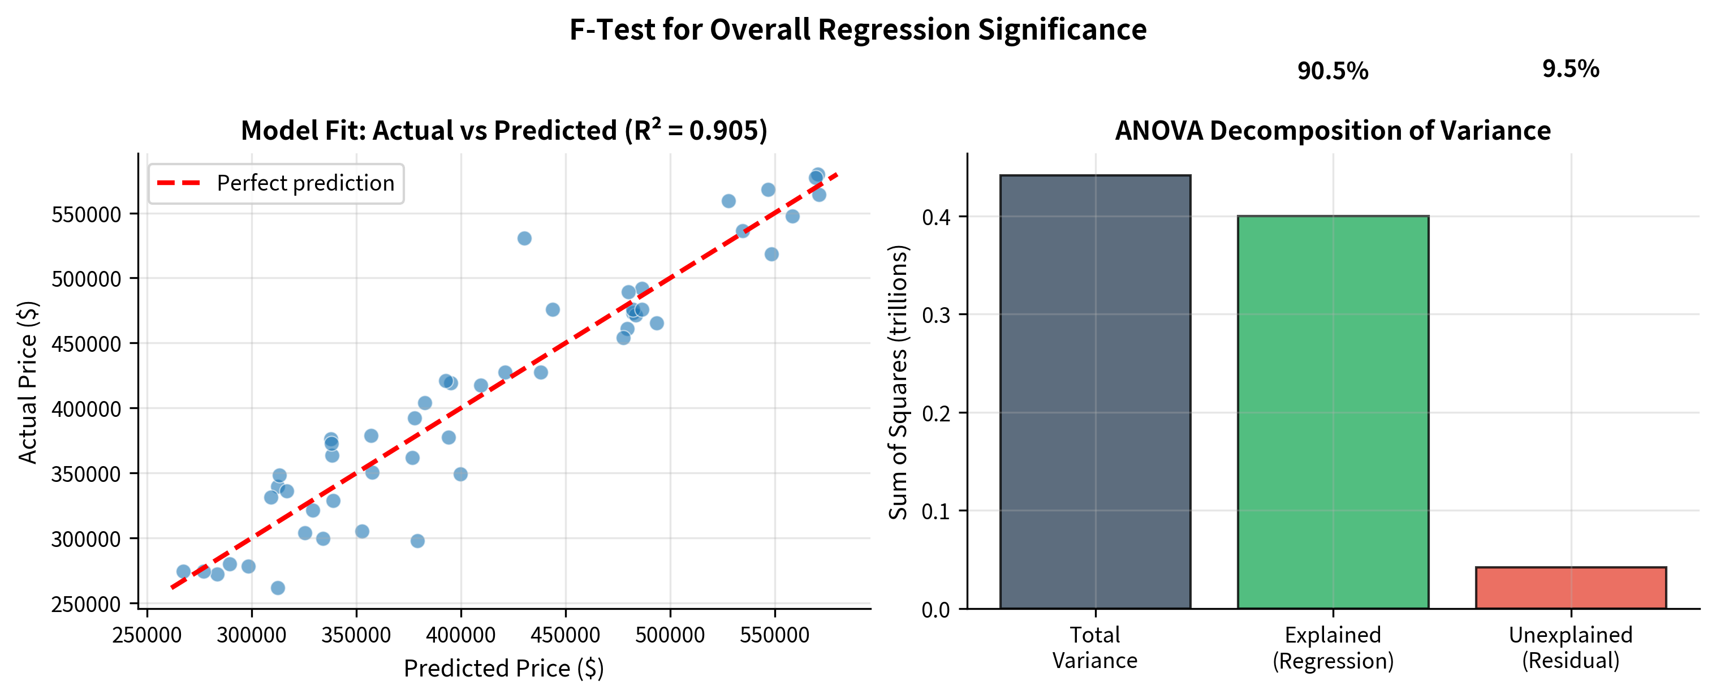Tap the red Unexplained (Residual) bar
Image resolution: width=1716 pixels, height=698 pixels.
(1570, 588)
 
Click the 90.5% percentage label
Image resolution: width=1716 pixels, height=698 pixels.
(1333, 71)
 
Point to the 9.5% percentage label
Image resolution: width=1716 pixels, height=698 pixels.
(1570, 68)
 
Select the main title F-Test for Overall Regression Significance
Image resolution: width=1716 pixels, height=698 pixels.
(857, 29)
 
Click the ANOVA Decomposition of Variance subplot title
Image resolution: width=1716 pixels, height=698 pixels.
(1333, 131)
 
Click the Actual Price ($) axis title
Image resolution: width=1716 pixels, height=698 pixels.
(28, 382)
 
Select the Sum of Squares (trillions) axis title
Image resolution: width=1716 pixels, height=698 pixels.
(898, 382)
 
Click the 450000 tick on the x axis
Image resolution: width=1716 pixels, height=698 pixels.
(565, 635)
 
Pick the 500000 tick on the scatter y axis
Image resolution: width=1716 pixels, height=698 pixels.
(86, 279)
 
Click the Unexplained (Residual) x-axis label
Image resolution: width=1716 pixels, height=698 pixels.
(1570, 648)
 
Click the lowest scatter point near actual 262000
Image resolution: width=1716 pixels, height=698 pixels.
(278, 588)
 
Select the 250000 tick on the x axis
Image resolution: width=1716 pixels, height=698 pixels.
(146, 635)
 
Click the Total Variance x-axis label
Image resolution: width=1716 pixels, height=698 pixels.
(1094, 648)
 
